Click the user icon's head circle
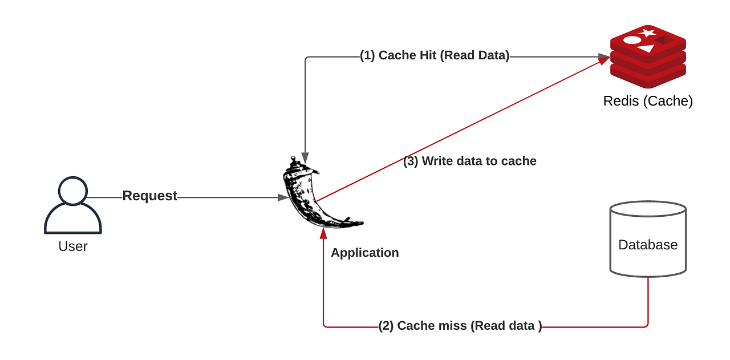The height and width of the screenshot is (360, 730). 73,191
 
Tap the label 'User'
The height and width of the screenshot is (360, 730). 73,246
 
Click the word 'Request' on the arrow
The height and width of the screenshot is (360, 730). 150,196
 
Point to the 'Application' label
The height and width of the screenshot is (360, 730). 364,253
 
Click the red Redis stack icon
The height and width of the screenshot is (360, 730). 648,57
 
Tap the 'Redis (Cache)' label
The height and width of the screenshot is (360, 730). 648,101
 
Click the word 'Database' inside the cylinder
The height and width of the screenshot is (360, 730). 648,245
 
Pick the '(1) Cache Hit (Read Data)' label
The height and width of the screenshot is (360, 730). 435,55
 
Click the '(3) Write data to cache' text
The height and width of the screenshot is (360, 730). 470,161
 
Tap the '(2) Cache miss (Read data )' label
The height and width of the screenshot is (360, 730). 460,326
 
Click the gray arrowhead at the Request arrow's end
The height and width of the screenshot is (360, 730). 283,197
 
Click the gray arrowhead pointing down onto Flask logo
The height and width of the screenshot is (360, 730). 305,157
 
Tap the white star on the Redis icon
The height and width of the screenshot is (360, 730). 647,33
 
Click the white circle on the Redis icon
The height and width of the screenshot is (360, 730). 632,40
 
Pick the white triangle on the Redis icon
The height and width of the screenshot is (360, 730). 646,48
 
